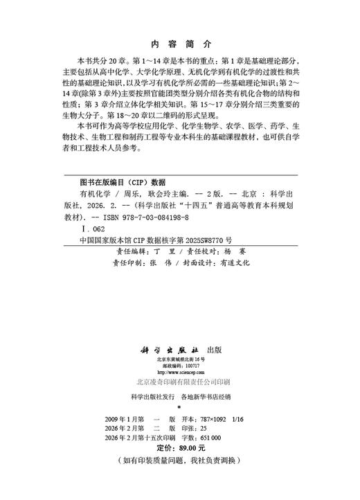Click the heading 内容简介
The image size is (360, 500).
pyautogui.click(x=179, y=39)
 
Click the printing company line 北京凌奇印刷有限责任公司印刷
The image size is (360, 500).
pyautogui.click(x=180, y=382)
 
